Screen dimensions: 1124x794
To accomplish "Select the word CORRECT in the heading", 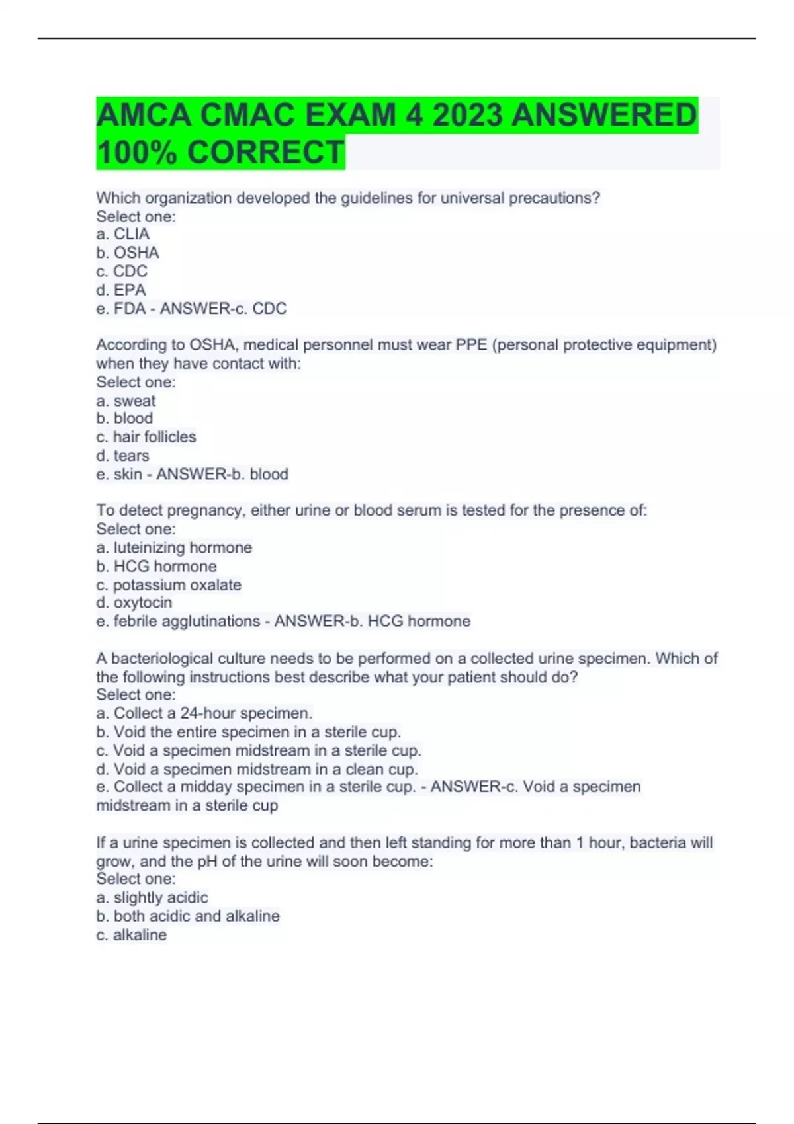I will [x=265, y=152].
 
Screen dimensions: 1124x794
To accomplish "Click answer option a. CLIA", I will [x=123, y=234].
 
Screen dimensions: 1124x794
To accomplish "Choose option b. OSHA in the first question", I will [x=128, y=253].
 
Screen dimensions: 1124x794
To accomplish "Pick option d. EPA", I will [x=121, y=290].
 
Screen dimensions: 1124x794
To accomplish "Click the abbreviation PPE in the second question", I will [x=472, y=345].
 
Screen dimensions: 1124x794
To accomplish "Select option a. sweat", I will [x=126, y=401].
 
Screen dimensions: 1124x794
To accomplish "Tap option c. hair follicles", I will [x=146, y=437].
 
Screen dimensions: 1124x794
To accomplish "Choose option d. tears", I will [x=122, y=456].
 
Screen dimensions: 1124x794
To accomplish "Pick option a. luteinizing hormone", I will [x=174, y=548].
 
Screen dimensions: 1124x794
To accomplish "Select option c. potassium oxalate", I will [x=169, y=585].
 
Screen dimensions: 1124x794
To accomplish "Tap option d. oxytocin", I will [x=134, y=603].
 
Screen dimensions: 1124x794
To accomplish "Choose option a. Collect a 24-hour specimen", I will [x=204, y=713].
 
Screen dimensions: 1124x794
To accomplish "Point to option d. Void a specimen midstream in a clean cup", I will [x=257, y=770].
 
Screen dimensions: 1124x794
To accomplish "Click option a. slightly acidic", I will [x=152, y=898].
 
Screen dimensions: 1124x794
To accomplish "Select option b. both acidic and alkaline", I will [x=188, y=916].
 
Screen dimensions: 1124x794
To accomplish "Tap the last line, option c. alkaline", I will [x=132, y=935].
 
